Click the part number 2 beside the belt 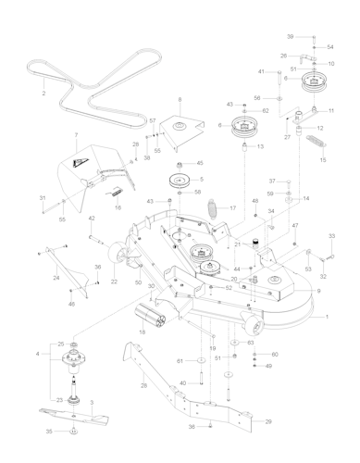click(x=43, y=93)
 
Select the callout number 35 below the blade click(x=48, y=432)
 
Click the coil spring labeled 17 click(x=215, y=207)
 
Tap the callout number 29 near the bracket click(x=269, y=421)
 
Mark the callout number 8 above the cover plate click(x=180, y=99)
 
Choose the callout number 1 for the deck click(x=326, y=317)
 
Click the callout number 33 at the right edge click(x=331, y=236)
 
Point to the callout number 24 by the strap click(x=56, y=278)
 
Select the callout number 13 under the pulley click(x=260, y=146)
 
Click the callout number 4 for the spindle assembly click(x=38, y=354)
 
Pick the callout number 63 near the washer click(x=250, y=343)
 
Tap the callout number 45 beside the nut click(x=198, y=163)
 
